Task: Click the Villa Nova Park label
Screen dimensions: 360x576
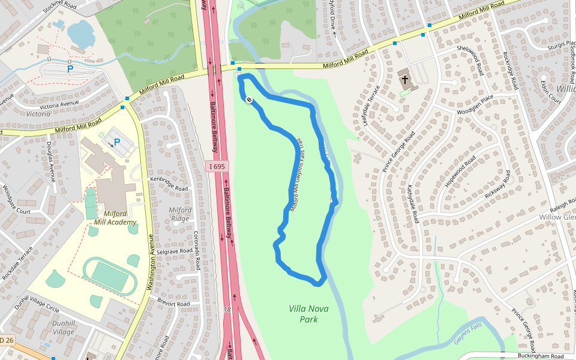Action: click(x=308, y=314)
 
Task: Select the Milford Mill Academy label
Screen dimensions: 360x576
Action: click(x=115, y=217)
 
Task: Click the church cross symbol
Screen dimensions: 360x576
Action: click(x=405, y=79)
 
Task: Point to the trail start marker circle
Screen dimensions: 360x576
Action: click(x=249, y=100)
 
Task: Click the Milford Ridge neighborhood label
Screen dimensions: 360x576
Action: click(x=180, y=214)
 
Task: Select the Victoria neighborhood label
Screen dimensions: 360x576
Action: click(x=38, y=113)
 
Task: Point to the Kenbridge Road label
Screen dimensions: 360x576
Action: click(x=169, y=183)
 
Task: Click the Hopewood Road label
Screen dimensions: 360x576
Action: click(x=460, y=172)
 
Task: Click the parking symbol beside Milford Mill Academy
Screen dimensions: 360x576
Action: click(x=117, y=142)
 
